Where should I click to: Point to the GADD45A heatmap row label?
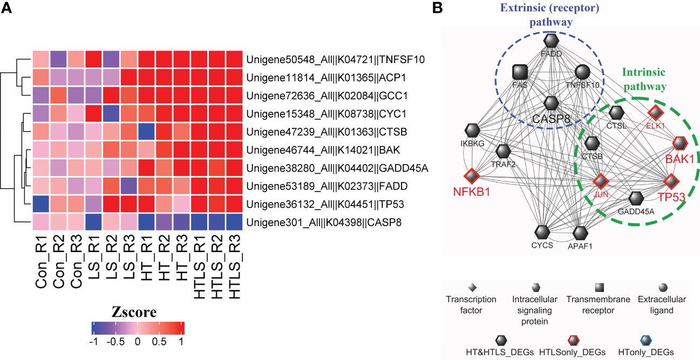point(337,167)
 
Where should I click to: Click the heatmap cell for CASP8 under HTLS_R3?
point(234,222)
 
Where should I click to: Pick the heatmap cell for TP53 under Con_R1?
point(40,203)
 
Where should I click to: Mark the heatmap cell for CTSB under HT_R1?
point(146,131)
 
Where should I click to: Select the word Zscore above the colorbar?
point(134,312)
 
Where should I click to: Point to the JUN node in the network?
point(601,181)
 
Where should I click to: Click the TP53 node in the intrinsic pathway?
point(670,181)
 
